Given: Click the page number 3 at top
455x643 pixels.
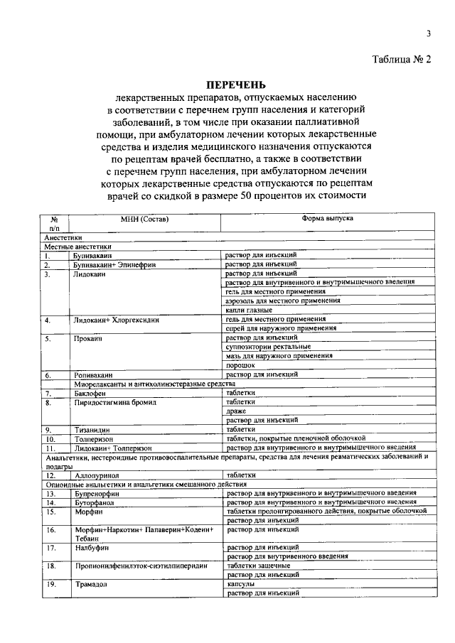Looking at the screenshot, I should tap(429, 33).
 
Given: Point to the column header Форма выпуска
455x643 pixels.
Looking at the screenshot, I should tap(328, 219).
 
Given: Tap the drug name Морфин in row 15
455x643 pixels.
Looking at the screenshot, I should tap(89, 511).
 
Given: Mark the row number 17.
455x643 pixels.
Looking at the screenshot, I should tap(50, 548).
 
